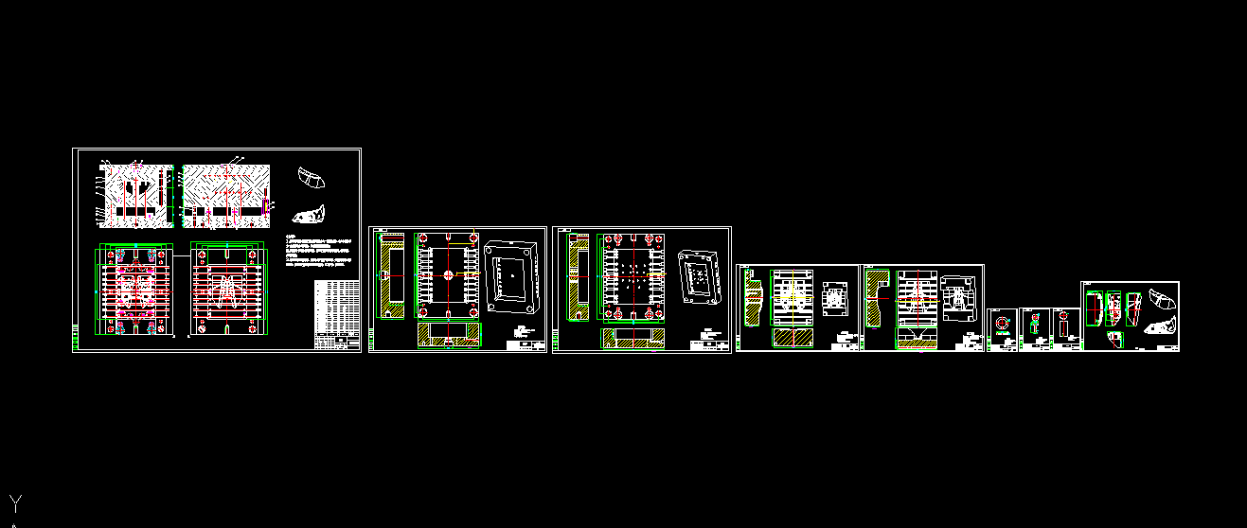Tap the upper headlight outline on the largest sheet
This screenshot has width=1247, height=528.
pyautogui.click(x=311, y=176)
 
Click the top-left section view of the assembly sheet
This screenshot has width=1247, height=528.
pyautogui.click(x=135, y=195)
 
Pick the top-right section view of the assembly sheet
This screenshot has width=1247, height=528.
pyautogui.click(x=225, y=196)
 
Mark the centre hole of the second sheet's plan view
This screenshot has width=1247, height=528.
pyautogui.click(x=447, y=276)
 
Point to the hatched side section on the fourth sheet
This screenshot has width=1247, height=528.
pyautogui.click(x=754, y=298)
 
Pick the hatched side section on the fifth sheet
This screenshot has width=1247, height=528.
pyautogui.click(x=878, y=298)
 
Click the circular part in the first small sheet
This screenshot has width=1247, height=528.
pyautogui.click(x=1001, y=324)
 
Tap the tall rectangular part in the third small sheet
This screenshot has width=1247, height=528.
pyautogui.click(x=1064, y=330)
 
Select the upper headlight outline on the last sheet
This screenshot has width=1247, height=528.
pyautogui.click(x=1160, y=300)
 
